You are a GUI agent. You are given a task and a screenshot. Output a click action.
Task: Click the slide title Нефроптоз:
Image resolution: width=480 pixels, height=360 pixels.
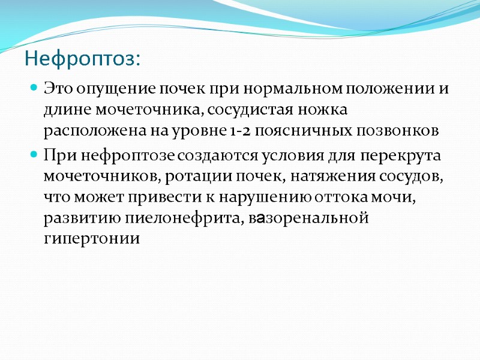point(83,59)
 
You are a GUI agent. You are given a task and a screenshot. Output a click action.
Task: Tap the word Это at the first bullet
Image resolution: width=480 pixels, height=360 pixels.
point(57,90)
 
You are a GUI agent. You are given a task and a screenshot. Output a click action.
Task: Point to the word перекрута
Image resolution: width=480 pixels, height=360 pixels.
point(409,156)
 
